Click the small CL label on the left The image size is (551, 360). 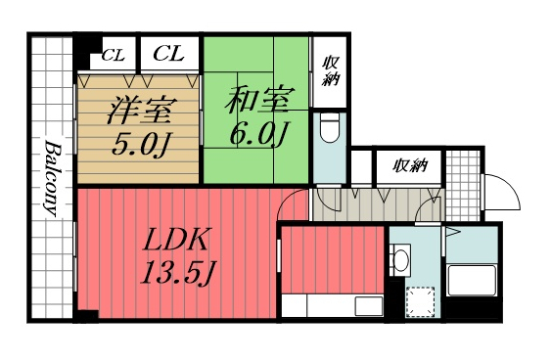click(113, 53)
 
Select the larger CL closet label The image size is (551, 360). click(168, 52)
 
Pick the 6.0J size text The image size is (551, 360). click(256, 133)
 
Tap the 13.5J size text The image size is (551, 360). click(176, 275)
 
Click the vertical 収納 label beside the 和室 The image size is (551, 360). click(330, 70)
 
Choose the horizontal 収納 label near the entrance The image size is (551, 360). click(410, 165)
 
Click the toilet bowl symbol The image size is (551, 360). click(331, 127)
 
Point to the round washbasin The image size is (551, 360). click(400, 260)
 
